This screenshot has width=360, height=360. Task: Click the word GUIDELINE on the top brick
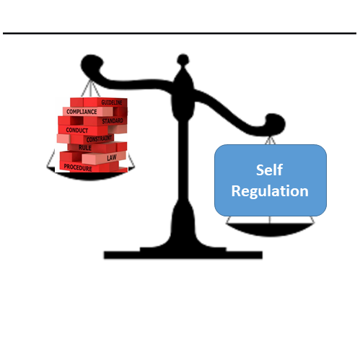click(x=112, y=102)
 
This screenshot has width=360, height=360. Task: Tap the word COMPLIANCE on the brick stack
click(x=82, y=112)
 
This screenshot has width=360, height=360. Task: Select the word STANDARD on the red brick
click(x=113, y=120)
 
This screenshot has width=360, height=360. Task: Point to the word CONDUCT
click(x=77, y=130)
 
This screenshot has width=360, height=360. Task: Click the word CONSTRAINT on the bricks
click(x=99, y=139)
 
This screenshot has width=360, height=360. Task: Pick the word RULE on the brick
click(x=85, y=148)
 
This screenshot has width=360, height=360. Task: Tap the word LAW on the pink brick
click(x=112, y=158)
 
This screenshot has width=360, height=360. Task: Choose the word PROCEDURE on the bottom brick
click(x=78, y=167)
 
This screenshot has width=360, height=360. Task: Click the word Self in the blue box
click(x=269, y=170)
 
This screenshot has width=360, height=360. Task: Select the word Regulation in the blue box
click(x=270, y=191)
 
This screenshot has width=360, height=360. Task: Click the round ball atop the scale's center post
click(x=183, y=60)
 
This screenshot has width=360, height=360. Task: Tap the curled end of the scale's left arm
click(x=92, y=64)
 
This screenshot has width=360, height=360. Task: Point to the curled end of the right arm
click(x=276, y=124)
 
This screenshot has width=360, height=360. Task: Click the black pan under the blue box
click(x=270, y=229)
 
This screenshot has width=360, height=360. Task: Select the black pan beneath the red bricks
click(x=91, y=175)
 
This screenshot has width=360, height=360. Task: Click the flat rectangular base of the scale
click(x=183, y=255)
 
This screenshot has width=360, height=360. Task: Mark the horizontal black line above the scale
click(x=180, y=33)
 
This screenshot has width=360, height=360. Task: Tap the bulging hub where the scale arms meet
click(x=183, y=95)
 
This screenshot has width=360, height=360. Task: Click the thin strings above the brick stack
click(x=90, y=89)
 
